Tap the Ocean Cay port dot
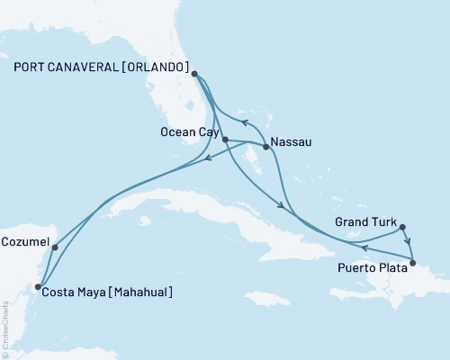click(x=225, y=139)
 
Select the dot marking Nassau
click(x=265, y=147)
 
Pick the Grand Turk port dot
click(x=402, y=228)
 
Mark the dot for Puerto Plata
click(x=412, y=264)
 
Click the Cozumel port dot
click(x=55, y=247)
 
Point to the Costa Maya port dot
click(x=38, y=287)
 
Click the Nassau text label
click(x=290, y=140)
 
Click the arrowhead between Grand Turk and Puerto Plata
click(x=409, y=242)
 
